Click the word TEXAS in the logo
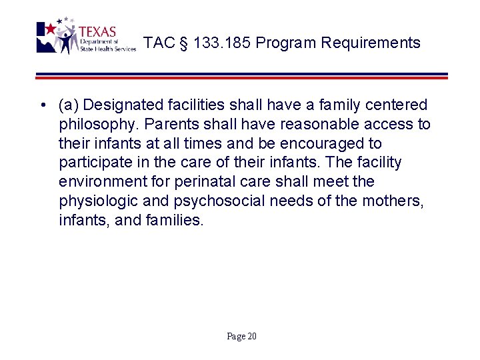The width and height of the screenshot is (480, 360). (97, 31)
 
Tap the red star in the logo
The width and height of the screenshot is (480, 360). (50, 29)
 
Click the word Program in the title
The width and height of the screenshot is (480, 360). (285, 43)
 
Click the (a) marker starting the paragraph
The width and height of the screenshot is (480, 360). (69, 105)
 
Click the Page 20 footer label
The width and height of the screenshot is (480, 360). (241, 336)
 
